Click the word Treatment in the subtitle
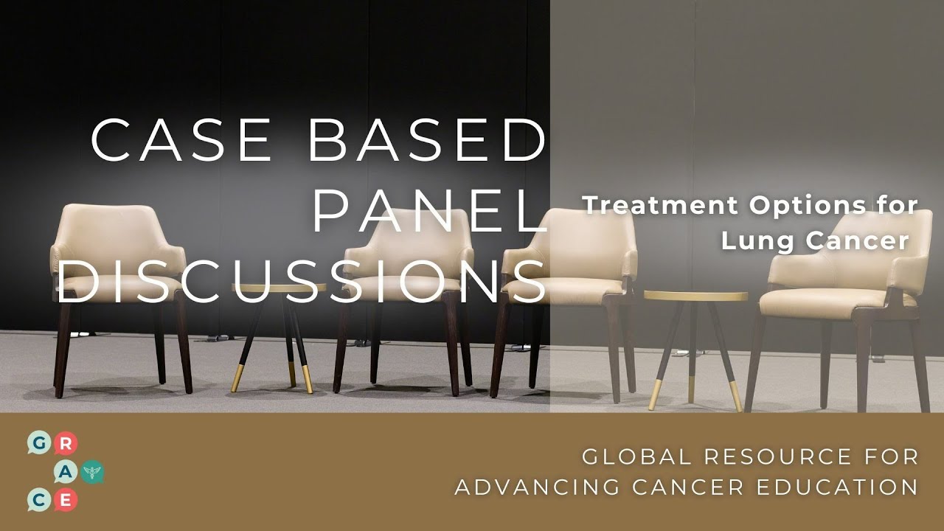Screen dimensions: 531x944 click(661, 206)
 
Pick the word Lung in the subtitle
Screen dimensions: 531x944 click(752, 240)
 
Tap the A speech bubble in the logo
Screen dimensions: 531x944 click(66, 472)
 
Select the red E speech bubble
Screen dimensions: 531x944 click(66, 500)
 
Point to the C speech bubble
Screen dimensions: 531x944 click(38, 500)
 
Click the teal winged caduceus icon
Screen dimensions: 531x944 click(94, 472)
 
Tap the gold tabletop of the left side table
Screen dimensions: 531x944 click(279, 288)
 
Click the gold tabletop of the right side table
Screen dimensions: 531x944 click(695, 296)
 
